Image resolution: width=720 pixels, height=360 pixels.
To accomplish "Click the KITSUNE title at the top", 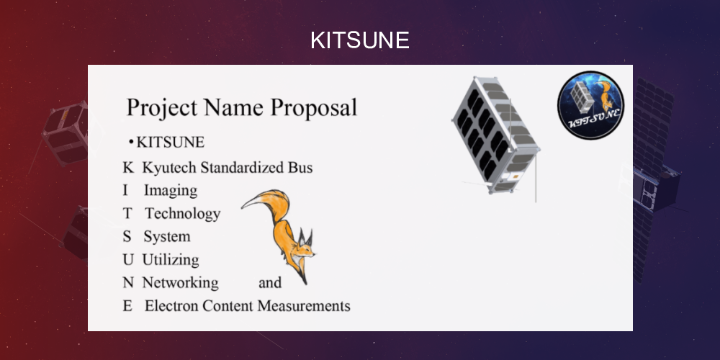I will click(359, 40).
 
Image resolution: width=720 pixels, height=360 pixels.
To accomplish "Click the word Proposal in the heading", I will click(315, 108).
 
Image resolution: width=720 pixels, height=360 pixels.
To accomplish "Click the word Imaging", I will click(170, 191).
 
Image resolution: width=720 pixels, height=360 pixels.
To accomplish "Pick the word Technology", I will click(182, 214).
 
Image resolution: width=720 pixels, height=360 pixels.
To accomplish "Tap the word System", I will click(166, 237).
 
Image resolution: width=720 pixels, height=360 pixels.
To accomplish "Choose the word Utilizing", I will click(171, 260).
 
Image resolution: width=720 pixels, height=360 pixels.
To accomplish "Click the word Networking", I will click(180, 283).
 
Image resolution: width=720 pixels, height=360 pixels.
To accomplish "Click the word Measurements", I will click(303, 306).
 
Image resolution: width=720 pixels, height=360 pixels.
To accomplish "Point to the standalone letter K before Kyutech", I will click(128, 168).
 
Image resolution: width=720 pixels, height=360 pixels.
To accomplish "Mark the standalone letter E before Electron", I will click(127, 306).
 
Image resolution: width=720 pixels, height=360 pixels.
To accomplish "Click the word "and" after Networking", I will click(270, 283).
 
